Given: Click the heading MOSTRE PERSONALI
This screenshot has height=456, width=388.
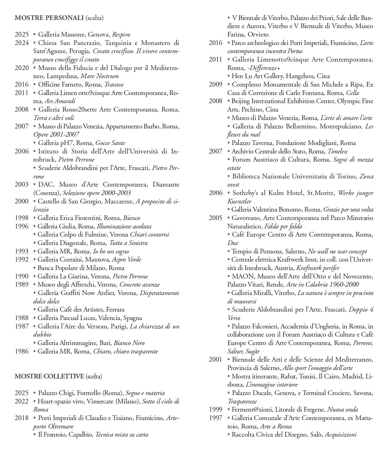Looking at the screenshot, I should click(49, 18).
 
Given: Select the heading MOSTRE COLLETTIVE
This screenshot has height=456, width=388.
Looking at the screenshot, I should click(49, 376).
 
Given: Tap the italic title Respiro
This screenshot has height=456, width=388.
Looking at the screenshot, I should click(121, 34).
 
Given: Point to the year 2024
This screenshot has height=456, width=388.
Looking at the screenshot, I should click(22, 43).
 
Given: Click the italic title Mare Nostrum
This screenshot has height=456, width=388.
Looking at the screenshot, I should click(99, 76).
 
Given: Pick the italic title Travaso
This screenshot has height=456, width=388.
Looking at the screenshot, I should click(114, 84).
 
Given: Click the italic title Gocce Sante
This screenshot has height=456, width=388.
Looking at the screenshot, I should click(110, 143).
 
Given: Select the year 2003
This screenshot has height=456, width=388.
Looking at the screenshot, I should click(22, 184).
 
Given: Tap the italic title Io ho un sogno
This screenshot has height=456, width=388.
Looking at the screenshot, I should click(111, 251).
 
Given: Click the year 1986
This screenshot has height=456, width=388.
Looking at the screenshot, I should click(22, 351).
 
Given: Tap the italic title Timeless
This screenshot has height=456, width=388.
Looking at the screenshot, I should click(337, 151).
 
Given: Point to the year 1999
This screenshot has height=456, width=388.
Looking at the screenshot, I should click(216, 409).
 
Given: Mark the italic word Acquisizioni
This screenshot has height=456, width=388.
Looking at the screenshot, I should click(341, 434).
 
